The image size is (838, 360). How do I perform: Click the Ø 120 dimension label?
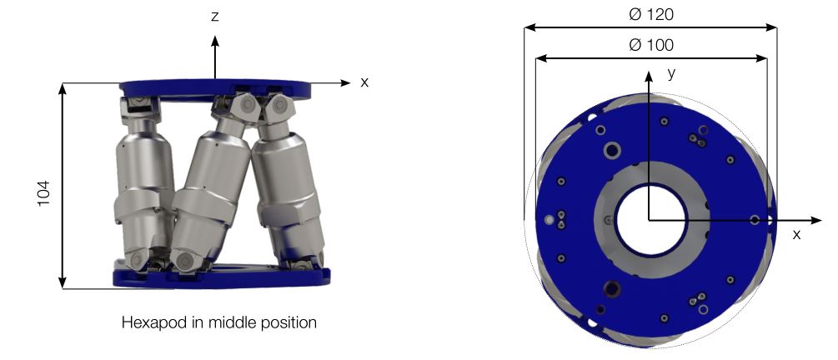(651, 14)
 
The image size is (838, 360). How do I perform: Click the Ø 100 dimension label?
(651, 45)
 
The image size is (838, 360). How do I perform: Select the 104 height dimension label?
(43, 192)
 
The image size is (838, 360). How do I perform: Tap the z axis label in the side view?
(215, 17)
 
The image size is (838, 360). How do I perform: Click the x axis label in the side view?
(364, 82)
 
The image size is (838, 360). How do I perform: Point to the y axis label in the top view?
(672, 73)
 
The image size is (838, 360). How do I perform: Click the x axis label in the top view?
(796, 234)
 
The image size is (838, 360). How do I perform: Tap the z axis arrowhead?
(215, 41)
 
